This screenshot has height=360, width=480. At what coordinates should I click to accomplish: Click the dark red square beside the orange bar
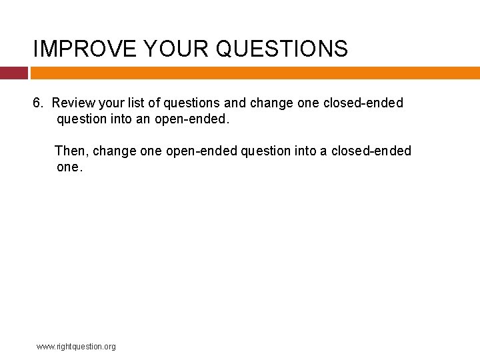click(x=13, y=73)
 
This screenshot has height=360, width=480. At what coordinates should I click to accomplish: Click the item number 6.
click(x=39, y=103)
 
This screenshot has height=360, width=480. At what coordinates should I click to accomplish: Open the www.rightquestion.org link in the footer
click(x=76, y=347)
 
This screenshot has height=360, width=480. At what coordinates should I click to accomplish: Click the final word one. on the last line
click(x=70, y=167)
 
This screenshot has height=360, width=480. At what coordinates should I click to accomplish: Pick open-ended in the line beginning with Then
click(x=201, y=151)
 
